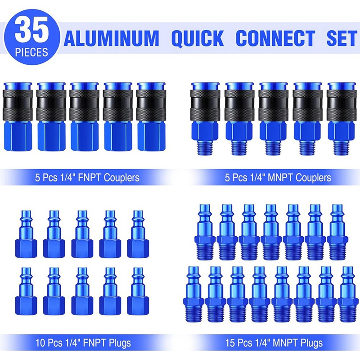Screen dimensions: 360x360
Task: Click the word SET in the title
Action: coord(341,38)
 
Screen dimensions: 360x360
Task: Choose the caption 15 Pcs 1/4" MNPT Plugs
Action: coord(274,343)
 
